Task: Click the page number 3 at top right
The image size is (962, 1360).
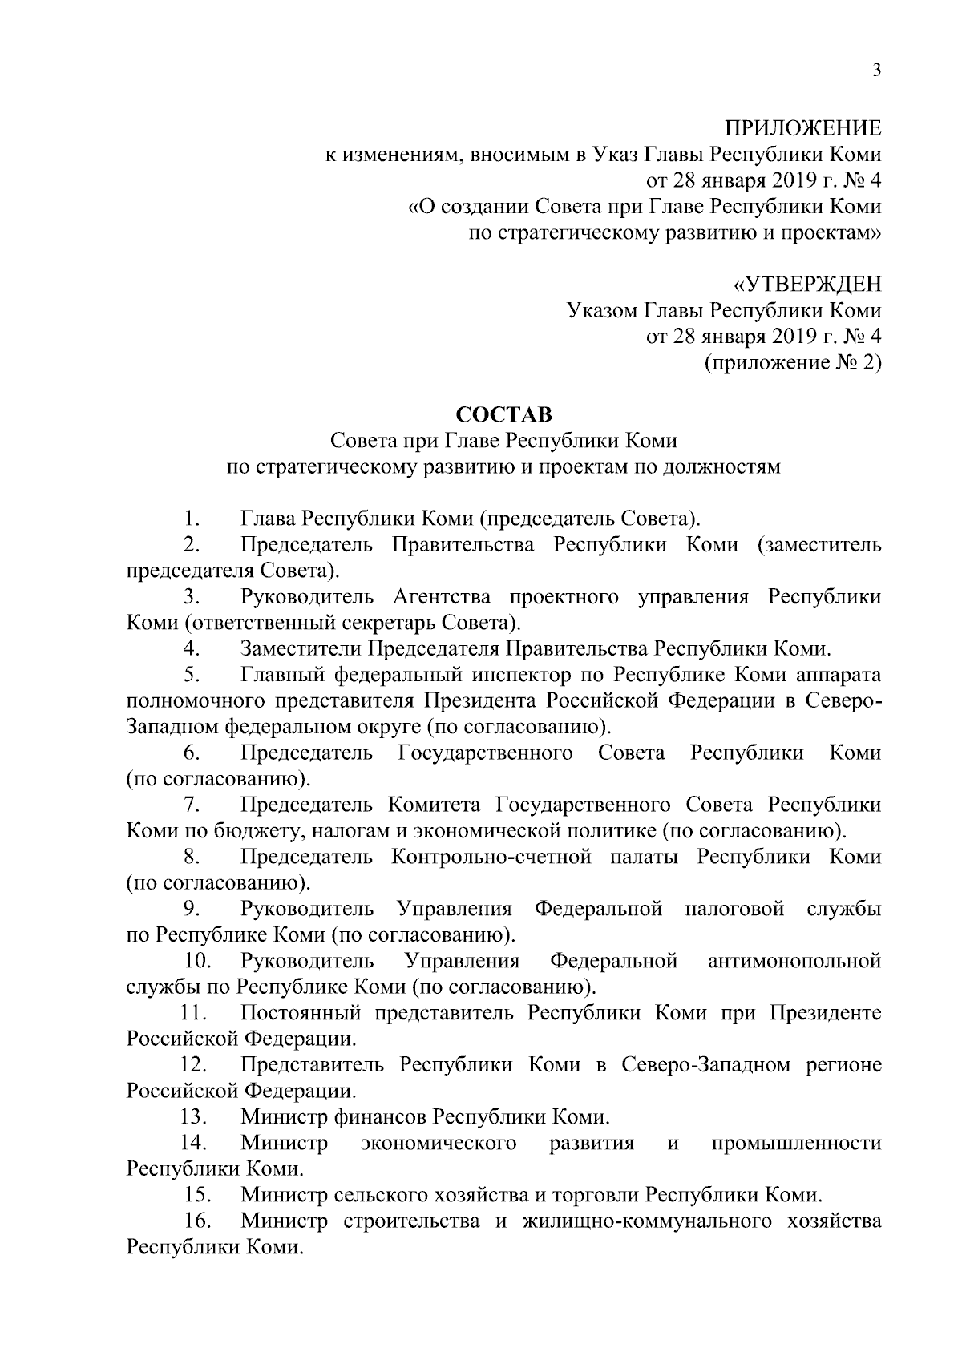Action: (876, 71)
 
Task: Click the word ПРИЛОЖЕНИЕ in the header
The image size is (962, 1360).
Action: (803, 128)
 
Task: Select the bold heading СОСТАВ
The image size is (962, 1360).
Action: (503, 414)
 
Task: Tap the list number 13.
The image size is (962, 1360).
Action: (193, 1116)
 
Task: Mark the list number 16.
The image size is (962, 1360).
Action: (197, 1221)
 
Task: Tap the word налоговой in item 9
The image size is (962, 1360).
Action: (734, 909)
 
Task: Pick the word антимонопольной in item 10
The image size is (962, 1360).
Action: (794, 961)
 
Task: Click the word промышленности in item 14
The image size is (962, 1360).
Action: (796, 1143)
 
